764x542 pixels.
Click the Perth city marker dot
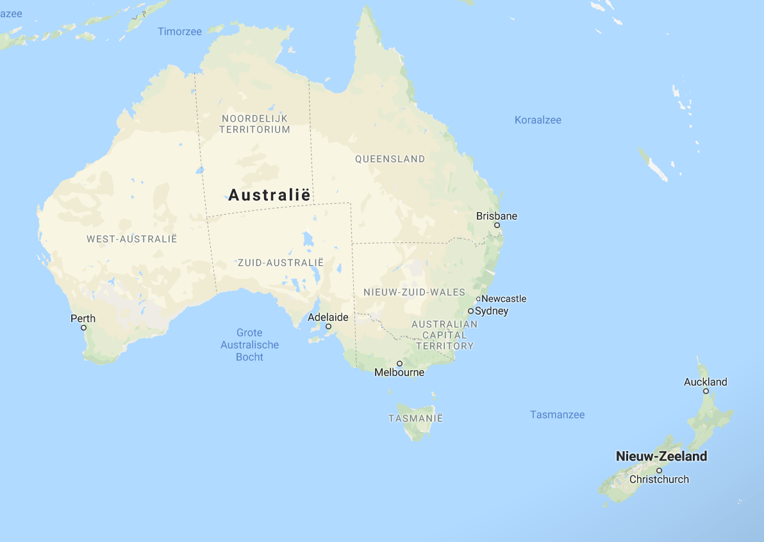click(83, 327)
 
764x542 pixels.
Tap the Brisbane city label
click(496, 216)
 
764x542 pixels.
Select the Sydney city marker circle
click(470, 311)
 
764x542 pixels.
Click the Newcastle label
click(504, 299)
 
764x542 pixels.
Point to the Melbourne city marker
click(399, 363)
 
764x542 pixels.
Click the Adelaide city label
click(328, 317)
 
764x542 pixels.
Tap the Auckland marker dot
click(706, 391)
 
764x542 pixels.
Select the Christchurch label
click(659, 479)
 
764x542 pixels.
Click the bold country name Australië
click(269, 195)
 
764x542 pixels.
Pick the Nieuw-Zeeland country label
click(661, 456)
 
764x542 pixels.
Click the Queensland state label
click(390, 159)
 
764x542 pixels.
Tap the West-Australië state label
click(132, 239)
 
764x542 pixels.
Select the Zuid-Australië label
click(281, 263)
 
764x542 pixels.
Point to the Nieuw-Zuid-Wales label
click(414, 292)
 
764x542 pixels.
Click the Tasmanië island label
click(415, 418)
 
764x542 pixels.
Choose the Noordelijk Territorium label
click(254, 124)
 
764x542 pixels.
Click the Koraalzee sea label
click(538, 120)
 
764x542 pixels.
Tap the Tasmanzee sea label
click(557, 415)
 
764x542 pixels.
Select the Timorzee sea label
click(179, 31)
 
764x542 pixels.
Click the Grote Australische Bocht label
click(249, 345)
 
